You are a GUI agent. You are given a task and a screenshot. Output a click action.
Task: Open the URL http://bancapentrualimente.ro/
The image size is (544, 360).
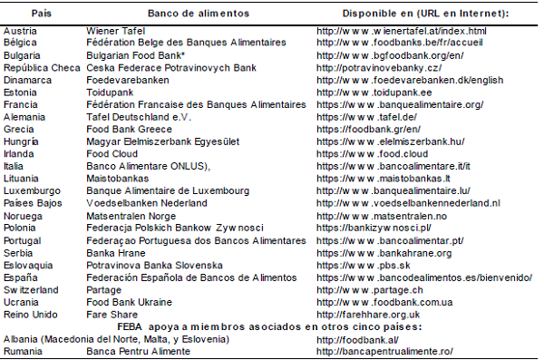pos(384,351)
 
